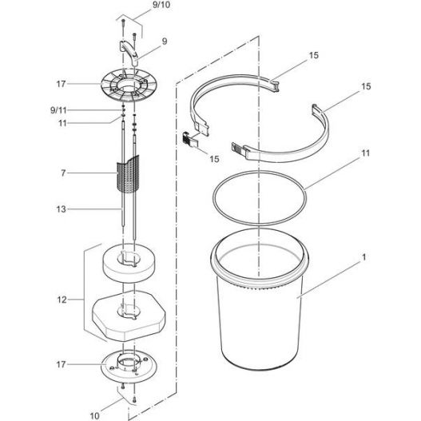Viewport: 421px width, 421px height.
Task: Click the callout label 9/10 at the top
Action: pos(161,5)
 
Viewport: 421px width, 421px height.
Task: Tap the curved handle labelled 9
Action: pos(129,52)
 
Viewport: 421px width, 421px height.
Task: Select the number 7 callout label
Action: pos(63,173)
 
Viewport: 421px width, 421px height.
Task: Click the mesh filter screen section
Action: pos(128,174)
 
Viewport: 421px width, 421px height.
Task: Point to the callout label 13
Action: pos(62,209)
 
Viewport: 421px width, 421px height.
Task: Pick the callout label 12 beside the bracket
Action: pos(62,300)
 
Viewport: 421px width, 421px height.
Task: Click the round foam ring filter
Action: pos(129,263)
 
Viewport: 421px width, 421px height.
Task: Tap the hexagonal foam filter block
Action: pos(129,316)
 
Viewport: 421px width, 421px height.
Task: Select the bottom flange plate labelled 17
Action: pos(129,366)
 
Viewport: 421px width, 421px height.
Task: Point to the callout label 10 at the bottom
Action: pos(94,416)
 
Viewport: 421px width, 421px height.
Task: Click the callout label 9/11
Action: pos(58,110)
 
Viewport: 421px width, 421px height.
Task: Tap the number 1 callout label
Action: pos(364,257)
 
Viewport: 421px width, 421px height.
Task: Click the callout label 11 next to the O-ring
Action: pos(366,153)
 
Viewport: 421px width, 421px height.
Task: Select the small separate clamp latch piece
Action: pos(189,139)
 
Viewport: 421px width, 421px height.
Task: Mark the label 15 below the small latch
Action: pos(214,159)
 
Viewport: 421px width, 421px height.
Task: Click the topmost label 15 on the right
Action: pos(314,55)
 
